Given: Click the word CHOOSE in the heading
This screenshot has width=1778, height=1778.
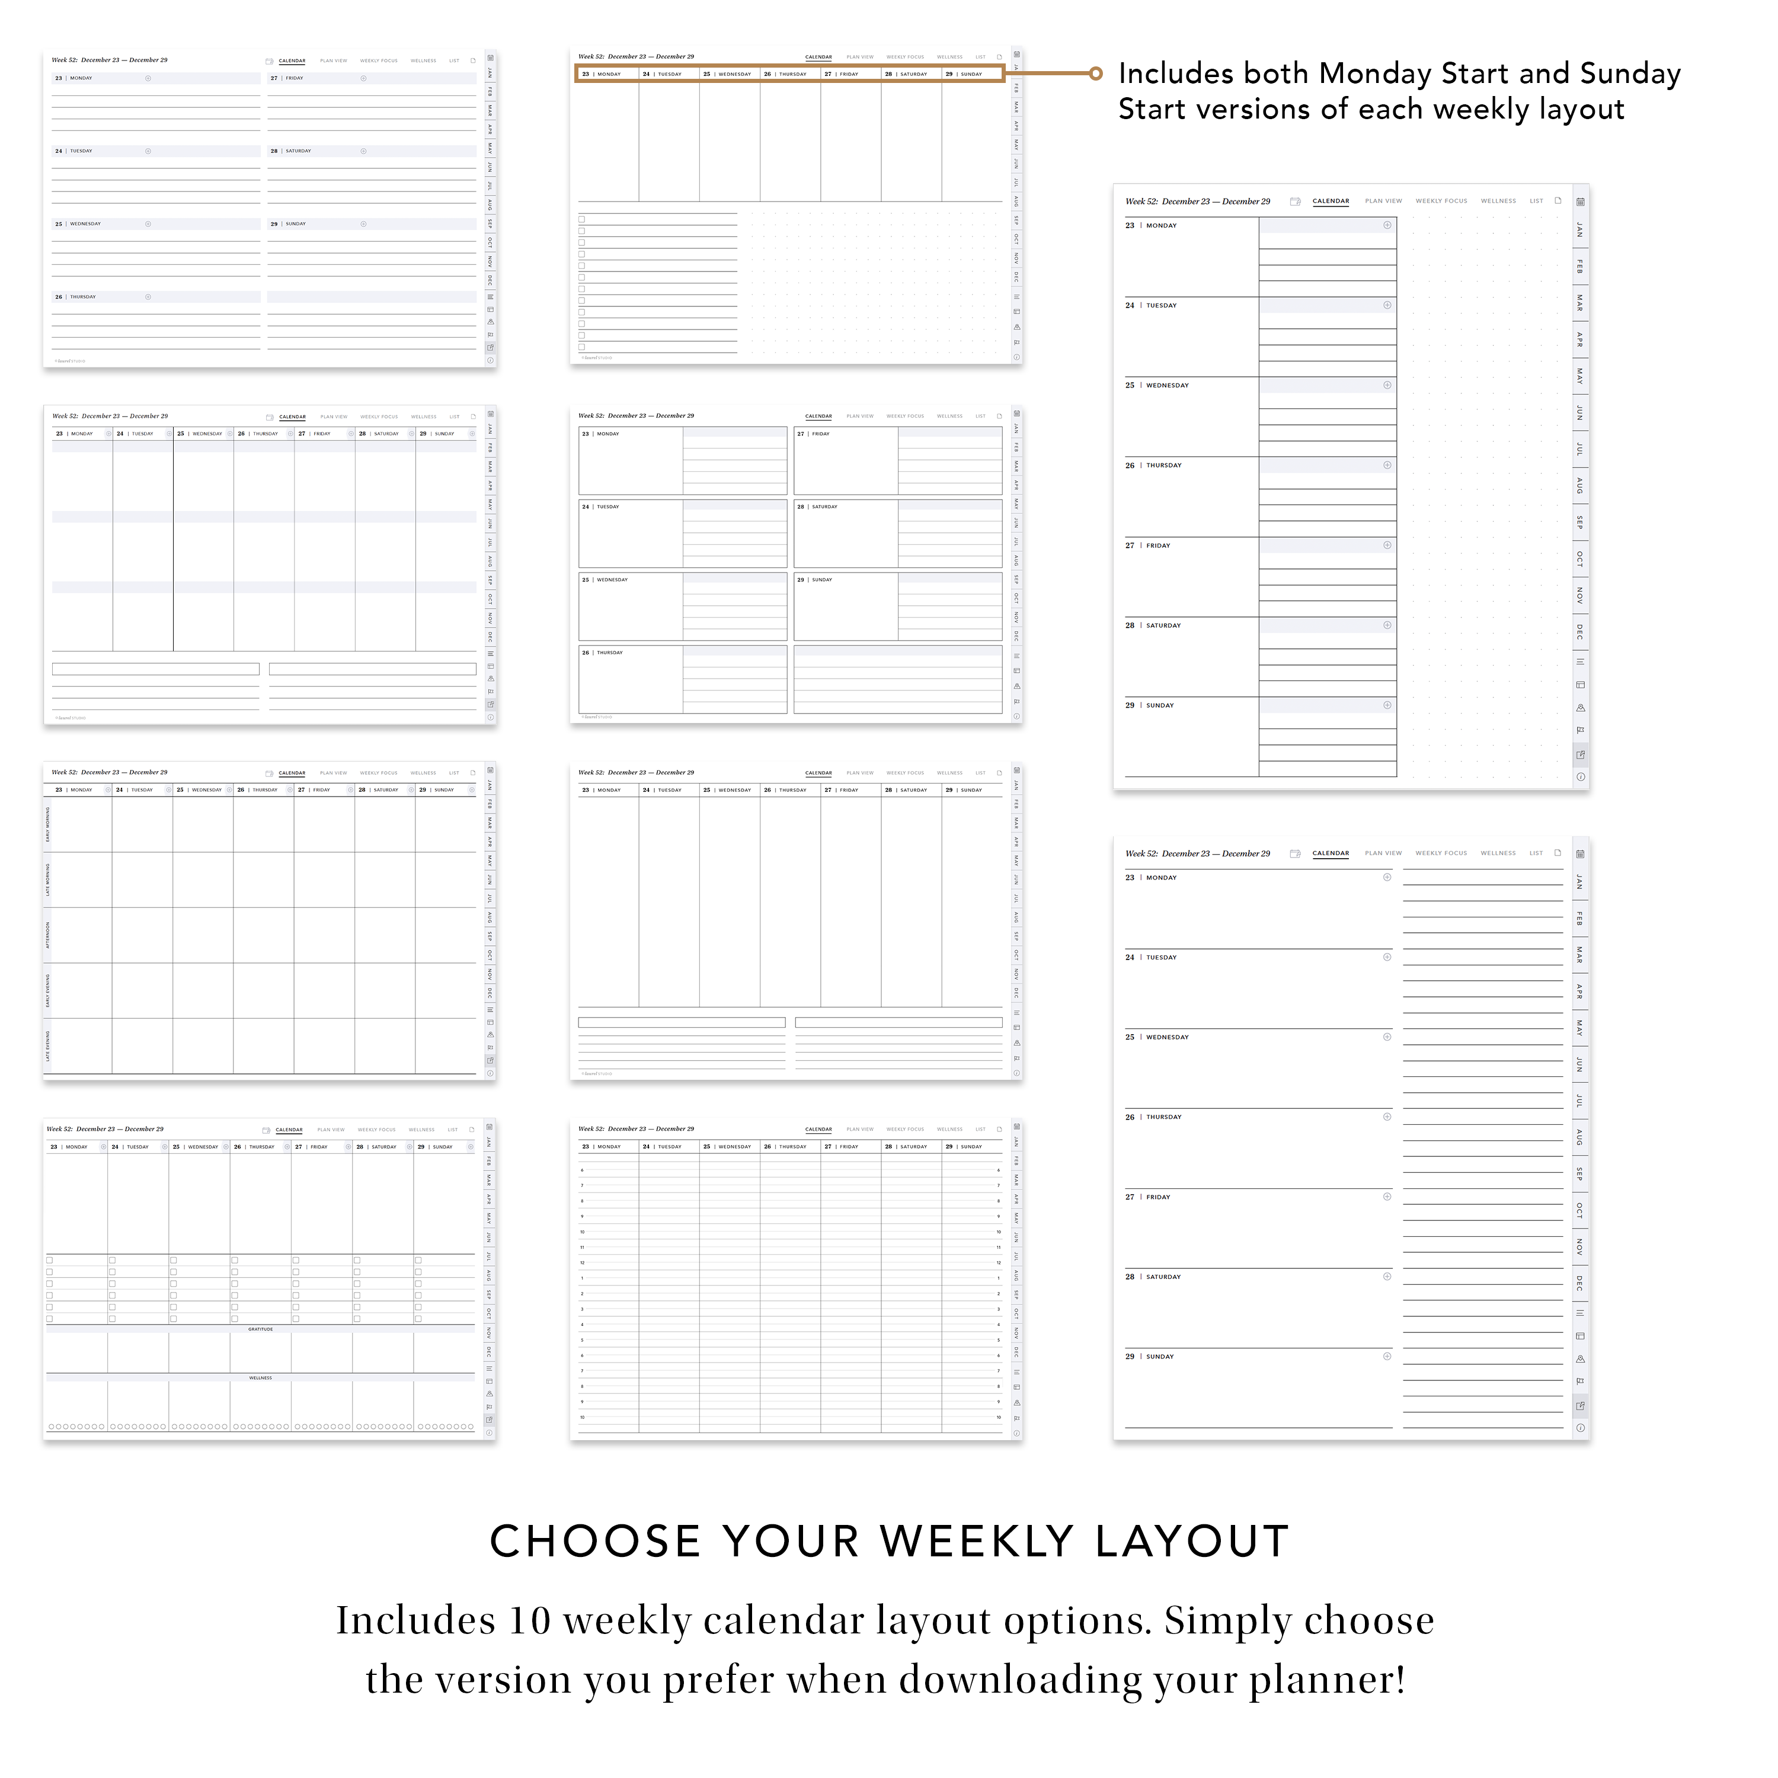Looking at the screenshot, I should [594, 1542].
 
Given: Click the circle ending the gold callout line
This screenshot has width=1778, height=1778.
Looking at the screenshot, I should [1095, 73].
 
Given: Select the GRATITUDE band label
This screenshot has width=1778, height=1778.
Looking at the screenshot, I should [260, 1329].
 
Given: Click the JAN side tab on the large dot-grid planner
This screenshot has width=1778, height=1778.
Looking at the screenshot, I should [1579, 229].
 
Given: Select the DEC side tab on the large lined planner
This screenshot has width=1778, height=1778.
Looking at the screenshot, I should [1579, 1283].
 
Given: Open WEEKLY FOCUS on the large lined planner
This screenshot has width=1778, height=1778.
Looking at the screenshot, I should [1441, 853].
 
